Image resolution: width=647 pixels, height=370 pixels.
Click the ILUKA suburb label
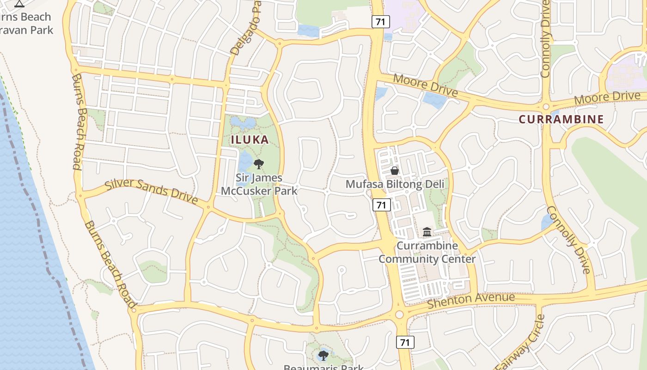(x=250, y=140)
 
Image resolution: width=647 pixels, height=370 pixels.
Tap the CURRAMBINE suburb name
(x=561, y=119)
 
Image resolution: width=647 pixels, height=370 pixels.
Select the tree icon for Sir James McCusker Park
(x=259, y=164)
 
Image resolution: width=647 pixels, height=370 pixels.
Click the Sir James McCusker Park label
(x=259, y=184)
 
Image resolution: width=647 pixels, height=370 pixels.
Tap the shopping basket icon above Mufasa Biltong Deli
(x=394, y=171)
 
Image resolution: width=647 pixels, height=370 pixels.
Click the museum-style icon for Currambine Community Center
(x=427, y=231)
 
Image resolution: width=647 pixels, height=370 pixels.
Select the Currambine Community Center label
(x=427, y=253)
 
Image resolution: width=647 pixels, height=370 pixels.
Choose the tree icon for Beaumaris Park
(x=323, y=355)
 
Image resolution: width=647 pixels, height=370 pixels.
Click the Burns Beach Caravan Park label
(x=26, y=24)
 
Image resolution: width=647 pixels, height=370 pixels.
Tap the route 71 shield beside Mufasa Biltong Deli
(x=381, y=204)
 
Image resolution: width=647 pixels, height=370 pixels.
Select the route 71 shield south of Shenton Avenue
(x=405, y=342)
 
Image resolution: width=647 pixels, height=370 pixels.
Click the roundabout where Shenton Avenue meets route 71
(x=399, y=315)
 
